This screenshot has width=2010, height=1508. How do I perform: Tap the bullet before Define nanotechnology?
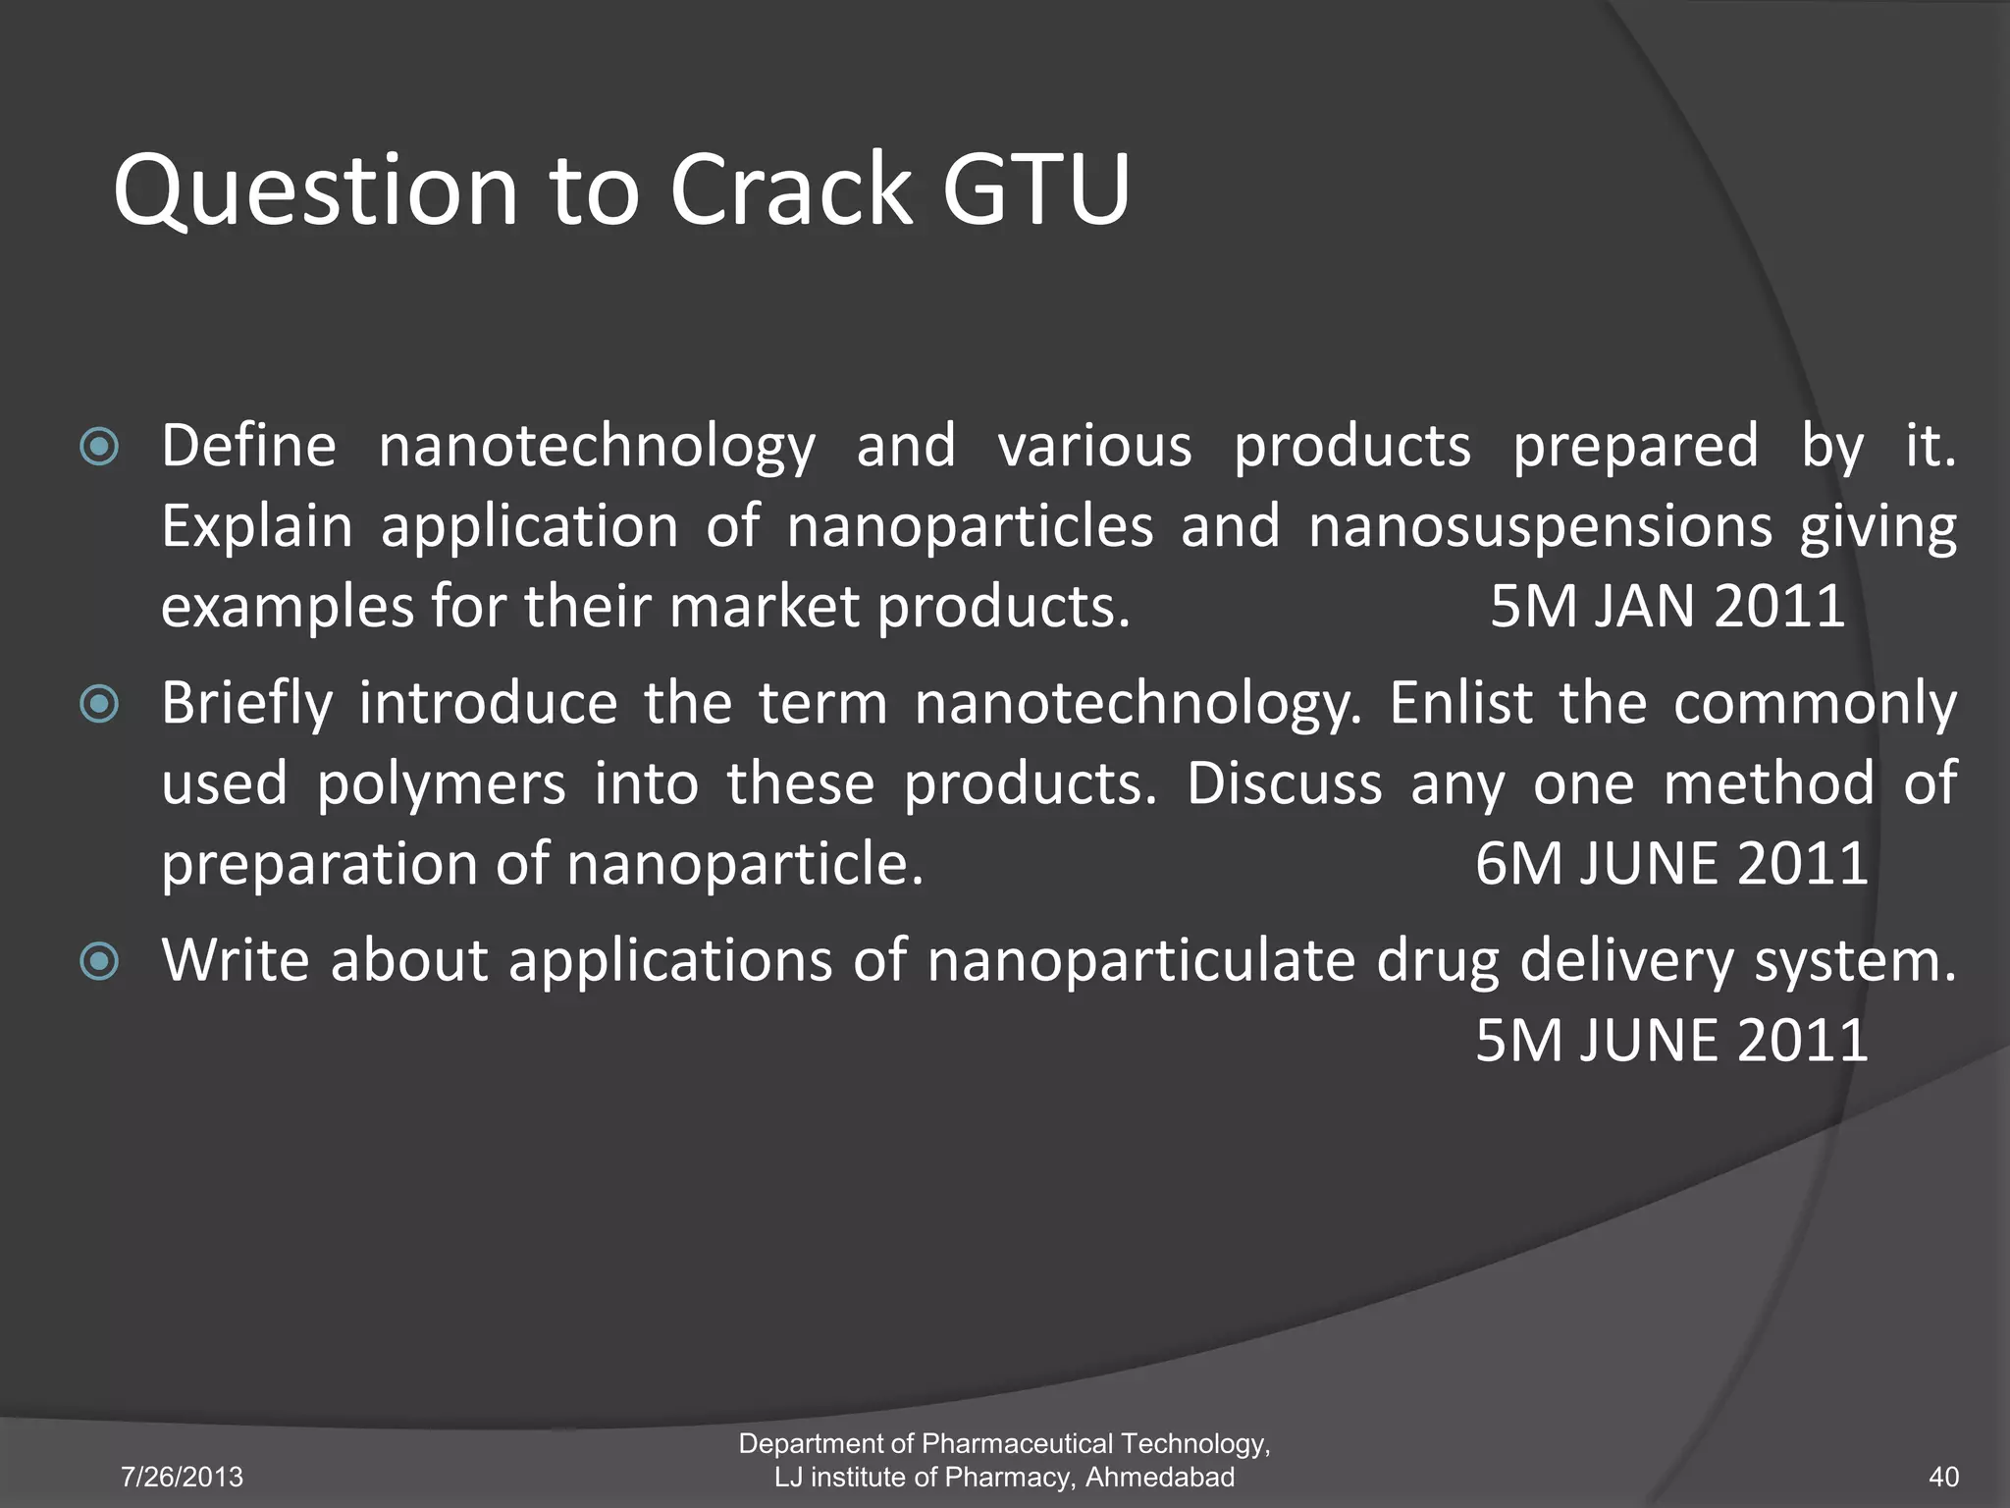coord(99,448)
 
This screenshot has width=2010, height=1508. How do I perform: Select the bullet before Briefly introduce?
coord(99,704)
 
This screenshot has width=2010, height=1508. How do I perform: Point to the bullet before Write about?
coord(99,961)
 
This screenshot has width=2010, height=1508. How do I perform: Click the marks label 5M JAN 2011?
coord(1666,606)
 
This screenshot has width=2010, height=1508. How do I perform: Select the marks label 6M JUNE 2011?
coord(1670,863)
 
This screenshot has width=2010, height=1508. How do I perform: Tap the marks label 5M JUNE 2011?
coord(1670,1040)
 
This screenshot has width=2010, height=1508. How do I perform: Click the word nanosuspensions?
coord(1540,527)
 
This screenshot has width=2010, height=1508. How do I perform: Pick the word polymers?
coord(441,784)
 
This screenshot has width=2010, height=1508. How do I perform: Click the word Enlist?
coord(1460,704)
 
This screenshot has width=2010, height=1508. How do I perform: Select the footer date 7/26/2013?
coord(182,1477)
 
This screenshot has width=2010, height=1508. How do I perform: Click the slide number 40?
coord(1943,1477)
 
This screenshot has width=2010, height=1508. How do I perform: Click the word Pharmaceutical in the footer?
coord(1017,1443)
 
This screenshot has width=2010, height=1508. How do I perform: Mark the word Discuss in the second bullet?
coord(1284,784)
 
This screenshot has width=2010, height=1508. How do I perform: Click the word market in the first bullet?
coord(765,606)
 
